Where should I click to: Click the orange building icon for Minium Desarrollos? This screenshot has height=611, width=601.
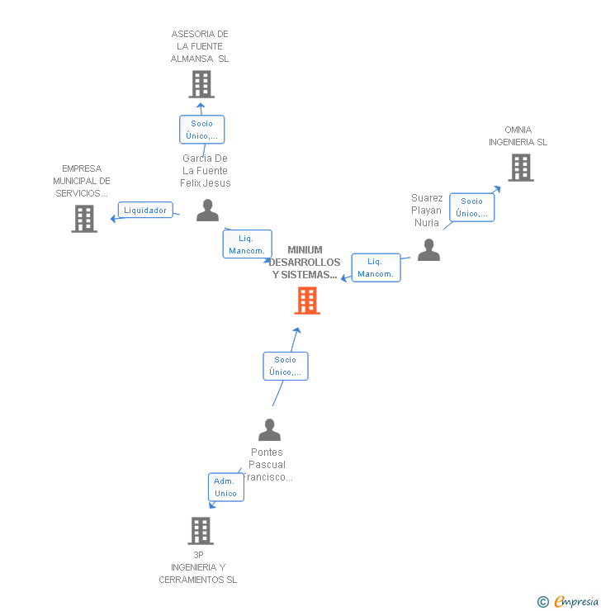click(307, 301)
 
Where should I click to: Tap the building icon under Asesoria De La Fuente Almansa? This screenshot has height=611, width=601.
click(201, 84)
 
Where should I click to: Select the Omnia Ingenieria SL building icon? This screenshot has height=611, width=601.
click(520, 168)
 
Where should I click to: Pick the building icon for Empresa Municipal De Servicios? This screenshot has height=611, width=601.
click(84, 219)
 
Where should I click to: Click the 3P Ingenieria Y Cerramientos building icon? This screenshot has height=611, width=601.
click(201, 531)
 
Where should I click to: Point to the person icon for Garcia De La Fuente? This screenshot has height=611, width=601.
click(207, 211)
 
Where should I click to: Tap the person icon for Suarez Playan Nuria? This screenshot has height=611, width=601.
click(428, 250)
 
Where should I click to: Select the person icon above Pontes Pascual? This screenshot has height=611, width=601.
click(269, 430)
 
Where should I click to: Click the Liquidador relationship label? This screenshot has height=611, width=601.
click(145, 211)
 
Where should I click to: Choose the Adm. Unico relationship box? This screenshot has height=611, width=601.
click(225, 487)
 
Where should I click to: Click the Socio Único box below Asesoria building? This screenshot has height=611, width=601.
click(201, 130)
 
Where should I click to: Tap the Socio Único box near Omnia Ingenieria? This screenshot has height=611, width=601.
click(471, 207)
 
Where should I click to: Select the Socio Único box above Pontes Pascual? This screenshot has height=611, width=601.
click(285, 366)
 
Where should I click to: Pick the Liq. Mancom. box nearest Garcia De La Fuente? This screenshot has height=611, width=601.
click(246, 244)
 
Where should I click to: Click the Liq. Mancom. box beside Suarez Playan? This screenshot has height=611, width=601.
click(376, 268)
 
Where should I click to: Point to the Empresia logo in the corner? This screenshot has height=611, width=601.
click(575, 601)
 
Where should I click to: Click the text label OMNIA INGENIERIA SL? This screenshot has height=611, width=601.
click(518, 136)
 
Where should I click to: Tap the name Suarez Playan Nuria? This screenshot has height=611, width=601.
click(427, 211)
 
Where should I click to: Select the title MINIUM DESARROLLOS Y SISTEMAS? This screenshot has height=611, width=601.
click(305, 263)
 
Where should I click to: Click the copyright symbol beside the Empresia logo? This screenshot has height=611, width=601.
click(542, 602)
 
